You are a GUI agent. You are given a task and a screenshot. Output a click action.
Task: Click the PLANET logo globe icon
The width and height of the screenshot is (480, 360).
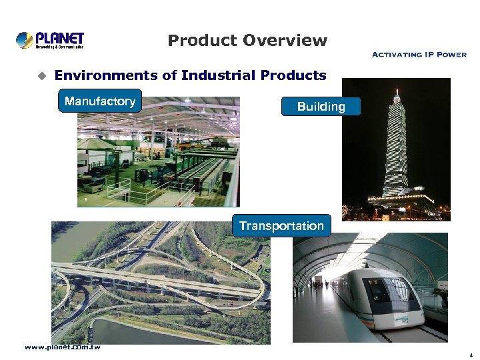pos(25,40)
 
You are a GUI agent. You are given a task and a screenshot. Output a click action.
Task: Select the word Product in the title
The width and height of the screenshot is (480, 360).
pos(202,41)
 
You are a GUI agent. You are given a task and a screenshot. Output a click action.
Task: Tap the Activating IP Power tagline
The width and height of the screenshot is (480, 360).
pos(418,55)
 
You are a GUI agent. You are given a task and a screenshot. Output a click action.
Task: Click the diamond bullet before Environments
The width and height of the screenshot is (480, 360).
pos(40,76)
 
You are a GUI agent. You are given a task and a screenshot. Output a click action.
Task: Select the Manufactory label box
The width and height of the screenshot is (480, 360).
pos(100,101)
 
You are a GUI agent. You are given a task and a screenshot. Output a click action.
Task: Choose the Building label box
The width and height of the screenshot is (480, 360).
pos(321,107)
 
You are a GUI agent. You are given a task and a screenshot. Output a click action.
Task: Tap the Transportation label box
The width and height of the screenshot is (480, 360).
pos(281,226)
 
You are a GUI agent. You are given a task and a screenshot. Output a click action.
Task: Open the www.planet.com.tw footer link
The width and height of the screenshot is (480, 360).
pos(63,347)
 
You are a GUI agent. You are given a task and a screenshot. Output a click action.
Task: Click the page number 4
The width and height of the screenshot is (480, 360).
pos(470,355)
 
